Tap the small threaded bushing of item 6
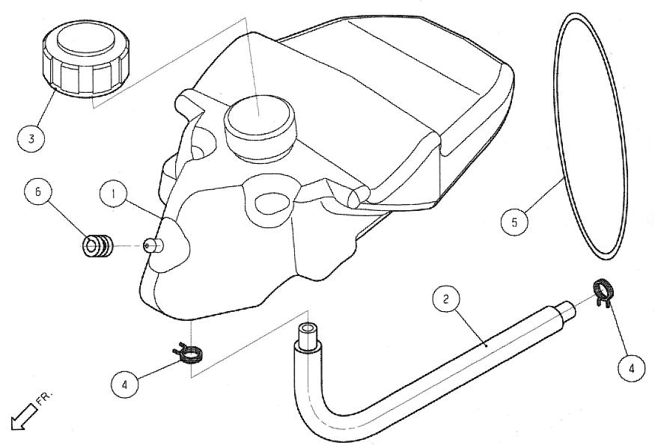pyautogui.click(x=98, y=245)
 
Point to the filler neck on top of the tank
pyautogui.click(x=260, y=128)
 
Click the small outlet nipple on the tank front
pyautogui.click(x=154, y=246)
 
